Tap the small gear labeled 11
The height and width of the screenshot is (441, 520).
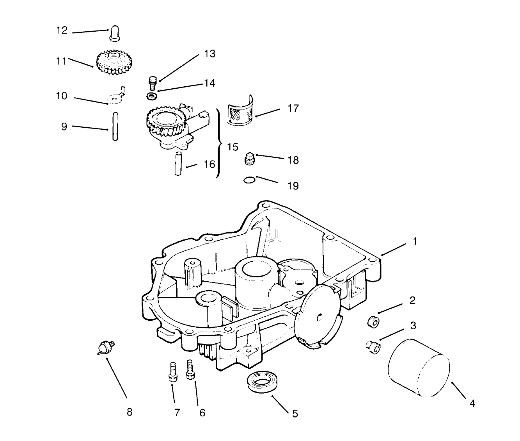click(x=115, y=62)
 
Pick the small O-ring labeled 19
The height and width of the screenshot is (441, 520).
click(x=250, y=180)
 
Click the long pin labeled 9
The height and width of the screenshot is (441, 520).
click(x=115, y=126)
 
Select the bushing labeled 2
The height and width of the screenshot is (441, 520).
click(x=373, y=321)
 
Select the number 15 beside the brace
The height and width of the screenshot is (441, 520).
click(x=232, y=147)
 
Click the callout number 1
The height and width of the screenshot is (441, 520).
click(x=415, y=241)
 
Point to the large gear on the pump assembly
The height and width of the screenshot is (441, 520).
click(x=161, y=121)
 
